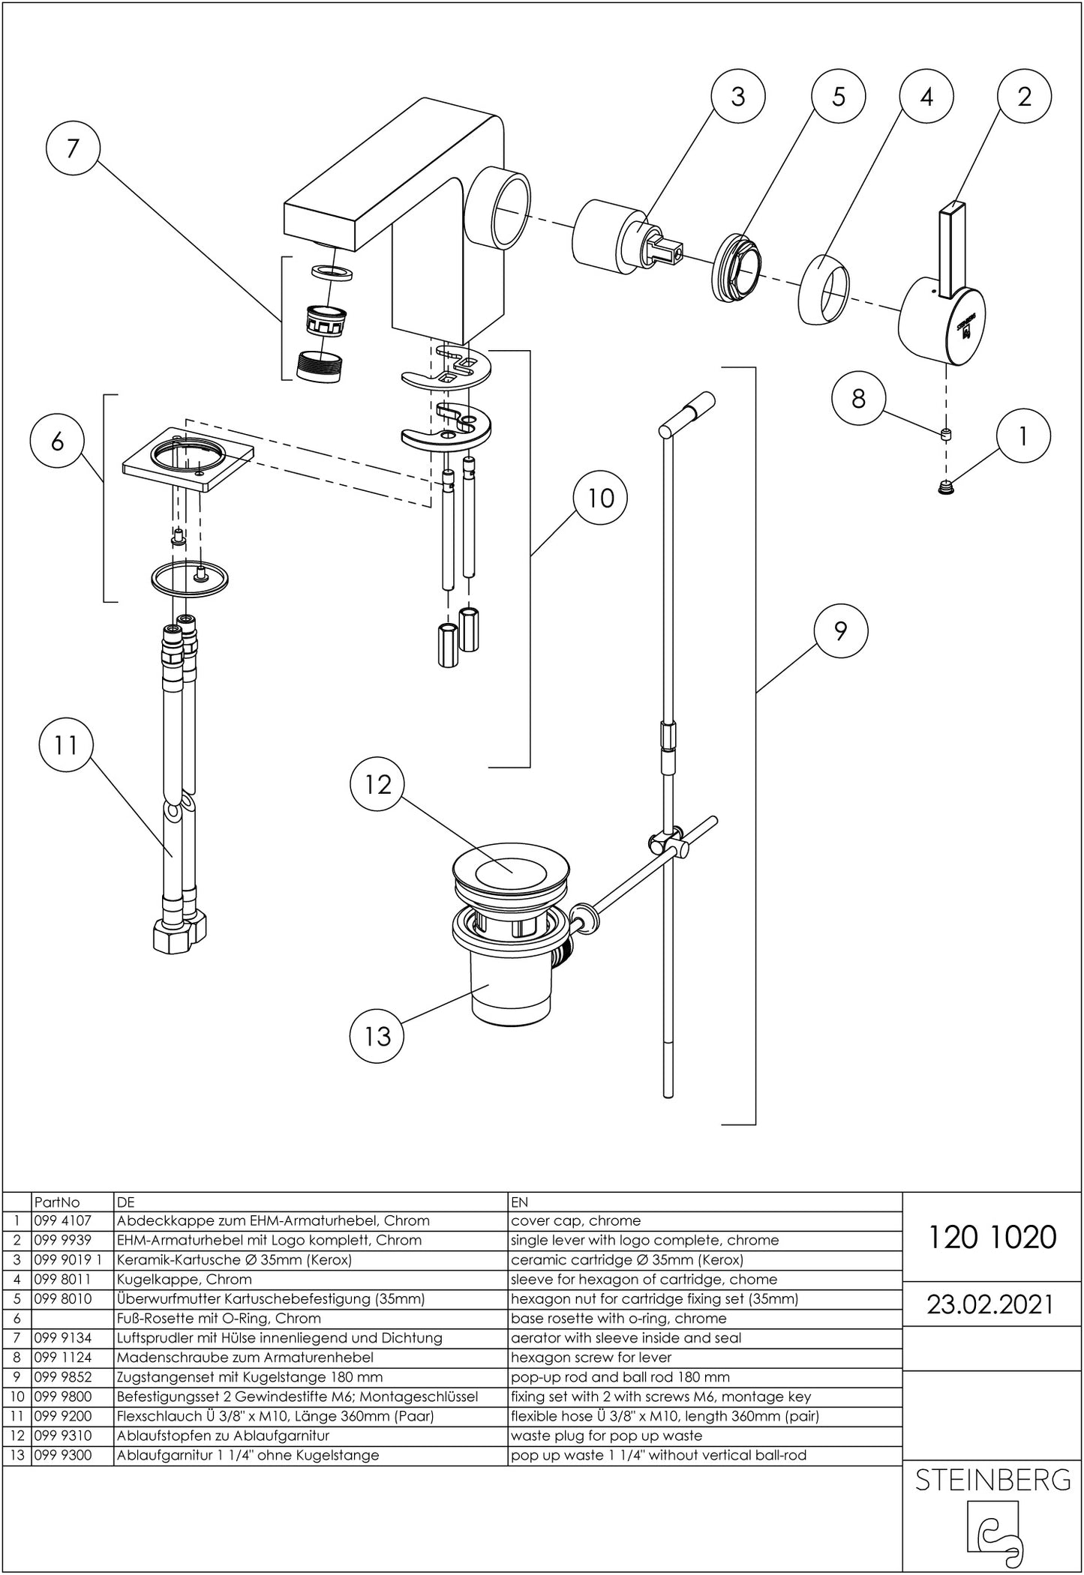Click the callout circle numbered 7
click(x=72, y=148)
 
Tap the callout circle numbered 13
click(x=377, y=1036)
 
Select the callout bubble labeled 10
click(x=600, y=498)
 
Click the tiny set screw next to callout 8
click(x=944, y=433)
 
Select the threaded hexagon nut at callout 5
click(x=736, y=268)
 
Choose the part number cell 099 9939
click(x=62, y=1241)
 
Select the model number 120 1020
click(x=992, y=1237)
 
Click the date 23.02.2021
click(x=990, y=1304)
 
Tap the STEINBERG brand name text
click(x=992, y=1479)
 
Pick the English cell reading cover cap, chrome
click(x=575, y=1221)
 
